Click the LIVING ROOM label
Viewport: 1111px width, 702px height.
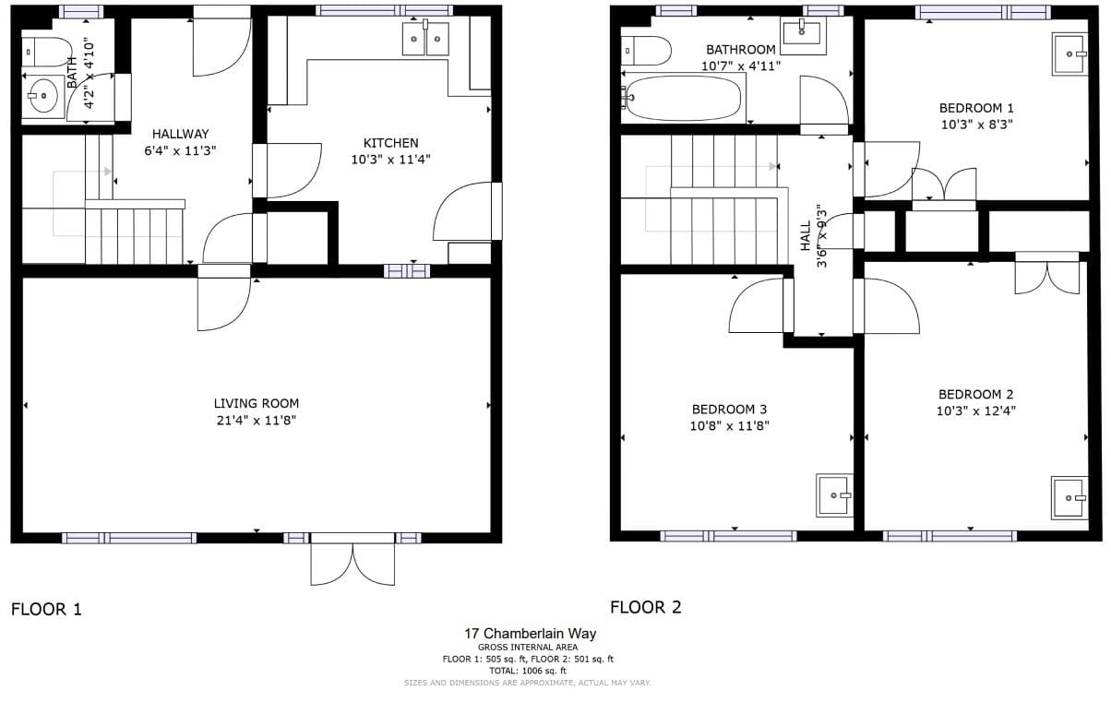pyautogui.click(x=257, y=403)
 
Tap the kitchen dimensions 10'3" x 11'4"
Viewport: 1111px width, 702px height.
pyautogui.click(x=391, y=160)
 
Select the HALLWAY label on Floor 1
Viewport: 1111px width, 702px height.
pyautogui.click(x=181, y=134)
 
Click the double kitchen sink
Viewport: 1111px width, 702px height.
pyautogui.click(x=425, y=38)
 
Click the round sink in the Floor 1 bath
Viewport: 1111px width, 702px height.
pyautogui.click(x=43, y=96)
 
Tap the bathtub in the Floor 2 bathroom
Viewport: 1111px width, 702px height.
pyautogui.click(x=684, y=98)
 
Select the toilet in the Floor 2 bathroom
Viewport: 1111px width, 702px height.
pyautogui.click(x=646, y=51)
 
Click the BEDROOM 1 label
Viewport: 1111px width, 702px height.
pyautogui.click(x=976, y=108)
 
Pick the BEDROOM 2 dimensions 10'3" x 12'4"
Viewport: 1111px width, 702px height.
pyautogui.click(x=976, y=411)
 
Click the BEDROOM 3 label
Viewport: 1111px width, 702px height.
pyautogui.click(x=729, y=410)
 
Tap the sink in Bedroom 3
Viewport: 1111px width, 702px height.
pyautogui.click(x=835, y=495)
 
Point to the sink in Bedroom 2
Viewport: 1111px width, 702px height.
pyautogui.click(x=1069, y=498)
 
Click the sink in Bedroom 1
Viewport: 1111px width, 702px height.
pyautogui.click(x=1070, y=54)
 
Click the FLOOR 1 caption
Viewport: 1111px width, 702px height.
pyautogui.click(x=46, y=610)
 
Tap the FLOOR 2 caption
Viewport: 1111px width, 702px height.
pyautogui.click(x=646, y=607)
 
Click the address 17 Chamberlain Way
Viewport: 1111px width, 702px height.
pyautogui.click(x=531, y=634)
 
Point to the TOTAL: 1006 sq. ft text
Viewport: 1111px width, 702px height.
pyautogui.click(x=528, y=672)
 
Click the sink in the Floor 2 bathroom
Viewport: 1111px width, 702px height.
pyautogui.click(x=803, y=36)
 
